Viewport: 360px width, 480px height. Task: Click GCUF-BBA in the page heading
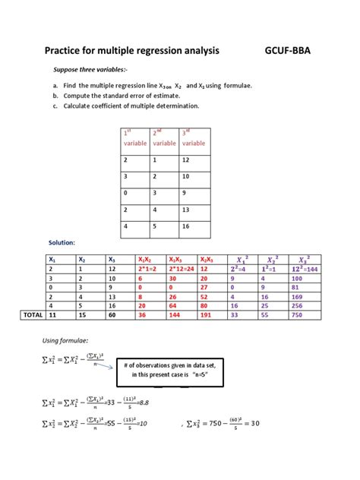coord(287,51)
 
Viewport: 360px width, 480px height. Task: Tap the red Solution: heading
coord(62,242)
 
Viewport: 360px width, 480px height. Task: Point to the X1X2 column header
coord(147,259)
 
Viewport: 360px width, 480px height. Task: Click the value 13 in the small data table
coord(187,210)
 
